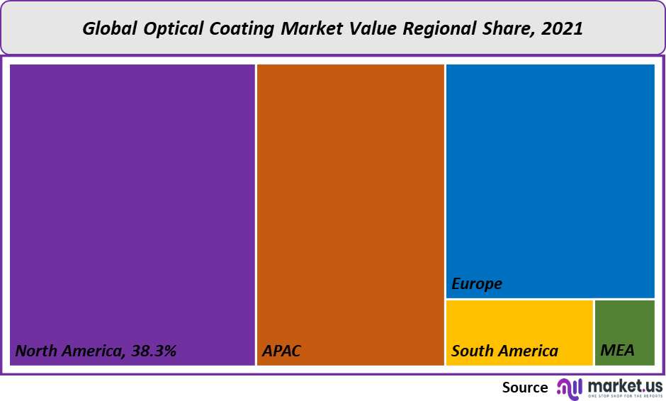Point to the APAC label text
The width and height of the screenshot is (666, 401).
(x=282, y=351)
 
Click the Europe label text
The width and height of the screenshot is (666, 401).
(x=477, y=284)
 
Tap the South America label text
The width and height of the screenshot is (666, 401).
(x=504, y=351)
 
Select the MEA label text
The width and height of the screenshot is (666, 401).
(x=617, y=351)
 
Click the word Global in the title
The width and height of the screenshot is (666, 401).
(x=108, y=29)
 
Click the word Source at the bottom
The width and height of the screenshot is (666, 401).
(x=525, y=388)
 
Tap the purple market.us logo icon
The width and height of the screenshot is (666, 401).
(x=569, y=387)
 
